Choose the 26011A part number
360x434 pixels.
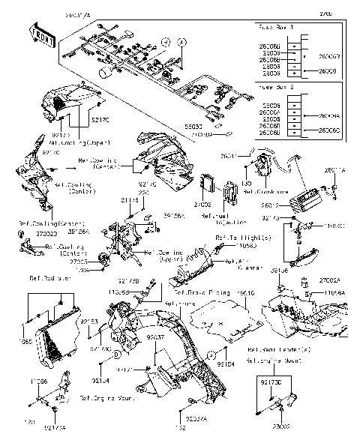tap(334, 171)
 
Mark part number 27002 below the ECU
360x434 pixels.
tap(203, 203)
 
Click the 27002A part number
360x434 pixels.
tap(333, 279)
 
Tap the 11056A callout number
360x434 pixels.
tap(335, 292)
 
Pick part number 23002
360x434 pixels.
tap(282, 427)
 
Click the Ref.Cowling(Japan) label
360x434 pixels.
tap(76, 141)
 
